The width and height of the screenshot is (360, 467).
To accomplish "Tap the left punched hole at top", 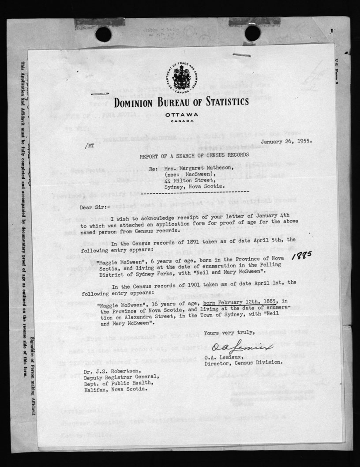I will [103, 34].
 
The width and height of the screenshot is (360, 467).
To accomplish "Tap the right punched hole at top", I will [252, 33].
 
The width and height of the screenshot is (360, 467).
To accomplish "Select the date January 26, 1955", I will [286, 142].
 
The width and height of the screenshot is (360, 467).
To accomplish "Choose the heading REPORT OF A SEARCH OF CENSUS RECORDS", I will [194, 154].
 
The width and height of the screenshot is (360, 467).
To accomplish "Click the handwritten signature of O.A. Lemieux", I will [242, 349].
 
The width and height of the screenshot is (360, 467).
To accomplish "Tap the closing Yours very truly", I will [229, 332].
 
